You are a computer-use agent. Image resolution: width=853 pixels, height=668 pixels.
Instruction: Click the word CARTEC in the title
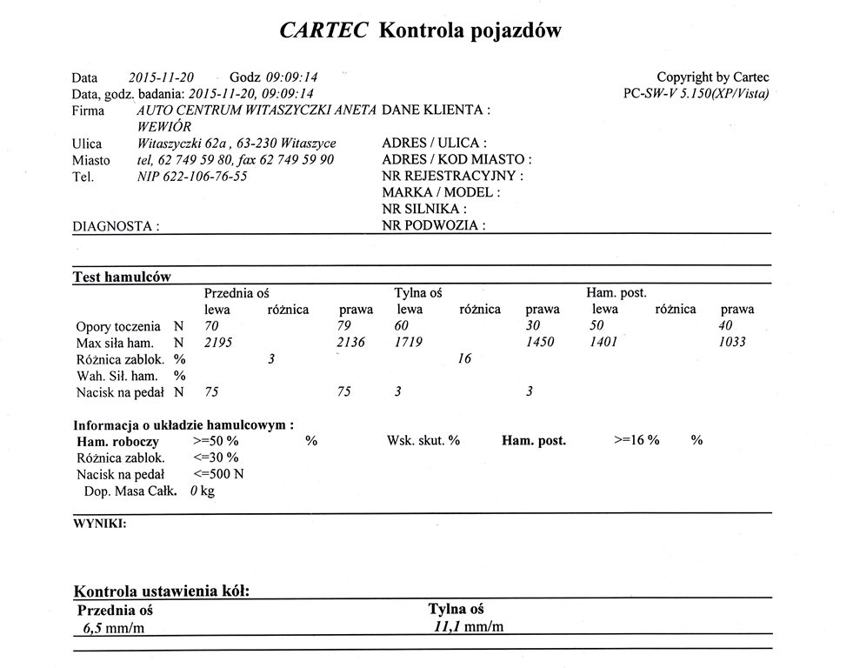(324, 30)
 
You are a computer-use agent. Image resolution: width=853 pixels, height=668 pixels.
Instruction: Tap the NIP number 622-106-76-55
(192, 177)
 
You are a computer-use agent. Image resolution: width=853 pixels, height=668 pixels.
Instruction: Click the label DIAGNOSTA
(115, 226)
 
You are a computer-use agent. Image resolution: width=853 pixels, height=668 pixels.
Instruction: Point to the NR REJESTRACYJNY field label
(452, 177)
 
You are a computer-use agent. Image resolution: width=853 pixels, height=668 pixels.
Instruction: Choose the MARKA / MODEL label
(441, 193)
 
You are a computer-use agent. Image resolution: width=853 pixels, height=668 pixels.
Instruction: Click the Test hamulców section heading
(121, 277)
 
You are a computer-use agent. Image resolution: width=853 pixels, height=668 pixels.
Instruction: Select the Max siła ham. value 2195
(218, 343)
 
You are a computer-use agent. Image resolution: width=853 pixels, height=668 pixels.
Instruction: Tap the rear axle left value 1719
(409, 343)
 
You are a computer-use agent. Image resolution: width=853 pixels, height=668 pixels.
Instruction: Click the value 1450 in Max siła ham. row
(541, 343)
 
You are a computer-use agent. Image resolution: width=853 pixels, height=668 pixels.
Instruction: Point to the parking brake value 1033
(733, 343)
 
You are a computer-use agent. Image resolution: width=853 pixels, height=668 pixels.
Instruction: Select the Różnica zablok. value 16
(464, 359)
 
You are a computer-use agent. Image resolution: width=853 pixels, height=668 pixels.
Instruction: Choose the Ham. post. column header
(616, 293)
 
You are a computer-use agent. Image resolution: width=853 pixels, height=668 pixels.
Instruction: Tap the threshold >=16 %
(636, 441)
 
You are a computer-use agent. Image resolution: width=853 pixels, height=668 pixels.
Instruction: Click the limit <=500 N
(219, 474)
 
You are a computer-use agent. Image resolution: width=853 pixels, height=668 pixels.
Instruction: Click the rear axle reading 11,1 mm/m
(470, 627)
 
